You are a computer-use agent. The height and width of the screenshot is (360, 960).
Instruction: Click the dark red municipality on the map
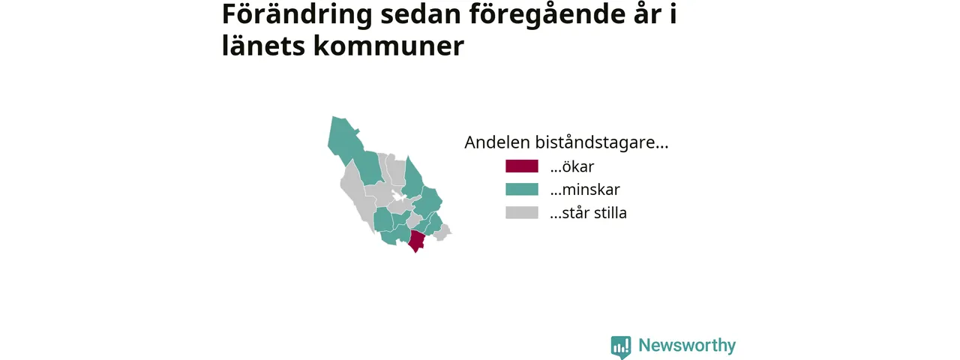point(416,241)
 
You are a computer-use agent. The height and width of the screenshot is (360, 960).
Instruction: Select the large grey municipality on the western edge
point(355,193)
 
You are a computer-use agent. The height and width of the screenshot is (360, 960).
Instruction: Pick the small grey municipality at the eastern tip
point(442,232)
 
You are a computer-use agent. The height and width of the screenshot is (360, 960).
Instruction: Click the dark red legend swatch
point(521,166)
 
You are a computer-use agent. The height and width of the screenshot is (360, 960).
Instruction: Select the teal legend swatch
point(521,190)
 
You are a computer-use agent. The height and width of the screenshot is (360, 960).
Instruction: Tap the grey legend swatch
point(521,212)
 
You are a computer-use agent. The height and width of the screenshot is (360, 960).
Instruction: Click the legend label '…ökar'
point(572,166)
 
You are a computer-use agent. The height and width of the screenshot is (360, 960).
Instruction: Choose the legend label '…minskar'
point(585,190)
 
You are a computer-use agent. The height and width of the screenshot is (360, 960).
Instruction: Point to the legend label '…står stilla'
point(589,212)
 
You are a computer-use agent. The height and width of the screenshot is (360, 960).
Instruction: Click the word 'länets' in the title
point(263,46)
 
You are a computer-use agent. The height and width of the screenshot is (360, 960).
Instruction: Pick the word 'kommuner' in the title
point(388,46)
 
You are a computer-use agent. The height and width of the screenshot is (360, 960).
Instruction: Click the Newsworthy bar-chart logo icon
point(621,346)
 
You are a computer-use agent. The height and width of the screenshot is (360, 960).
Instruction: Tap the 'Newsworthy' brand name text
point(687,345)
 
